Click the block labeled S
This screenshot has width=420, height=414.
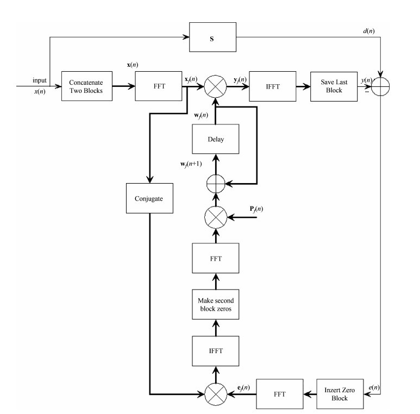point(212,38)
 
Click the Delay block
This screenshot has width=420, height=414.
point(216,139)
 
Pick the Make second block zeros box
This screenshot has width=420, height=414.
point(216,302)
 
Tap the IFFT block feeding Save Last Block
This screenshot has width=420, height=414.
point(272,86)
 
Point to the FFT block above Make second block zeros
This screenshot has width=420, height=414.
point(216,258)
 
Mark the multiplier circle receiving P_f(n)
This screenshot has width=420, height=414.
point(216,217)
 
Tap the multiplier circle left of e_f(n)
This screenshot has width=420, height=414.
point(216,390)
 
